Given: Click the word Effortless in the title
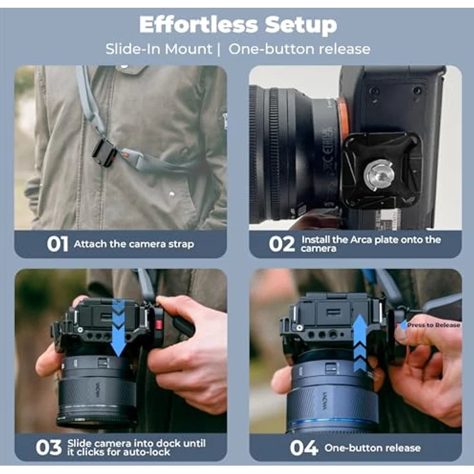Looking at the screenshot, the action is click(x=198, y=24).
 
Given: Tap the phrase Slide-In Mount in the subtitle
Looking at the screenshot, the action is click(x=159, y=49).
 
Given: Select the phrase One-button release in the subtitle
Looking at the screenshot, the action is click(x=299, y=49).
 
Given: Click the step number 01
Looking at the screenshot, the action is click(x=57, y=244).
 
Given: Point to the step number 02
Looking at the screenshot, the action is click(x=281, y=244).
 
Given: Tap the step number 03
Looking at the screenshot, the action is click(x=49, y=448).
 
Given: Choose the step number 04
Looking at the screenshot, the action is click(x=304, y=448).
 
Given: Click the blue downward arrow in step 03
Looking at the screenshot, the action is click(x=118, y=327).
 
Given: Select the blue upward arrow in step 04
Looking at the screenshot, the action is click(x=360, y=343).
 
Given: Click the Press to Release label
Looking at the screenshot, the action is click(x=433, y=325).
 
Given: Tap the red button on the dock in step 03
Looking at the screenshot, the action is click(x=158, y=325).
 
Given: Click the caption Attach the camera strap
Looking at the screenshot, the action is click(x=134, y=244).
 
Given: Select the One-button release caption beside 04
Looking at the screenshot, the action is click(x=372, y=448).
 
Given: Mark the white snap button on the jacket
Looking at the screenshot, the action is click(x=172, y=194).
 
